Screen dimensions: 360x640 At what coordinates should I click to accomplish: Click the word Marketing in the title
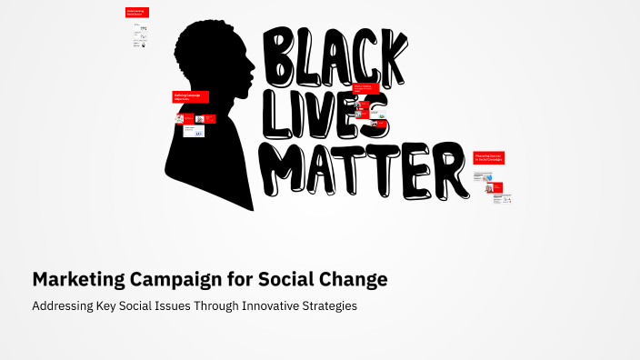coord(80,279)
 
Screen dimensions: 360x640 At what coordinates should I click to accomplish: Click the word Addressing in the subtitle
coord(61,306)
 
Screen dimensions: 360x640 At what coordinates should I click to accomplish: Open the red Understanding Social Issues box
coord(137,14)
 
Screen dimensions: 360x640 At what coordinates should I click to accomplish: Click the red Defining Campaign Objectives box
coord(191,96)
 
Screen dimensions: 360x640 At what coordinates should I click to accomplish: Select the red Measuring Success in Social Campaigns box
coord(488,157)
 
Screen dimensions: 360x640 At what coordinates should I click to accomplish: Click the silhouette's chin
coord(243,99)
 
